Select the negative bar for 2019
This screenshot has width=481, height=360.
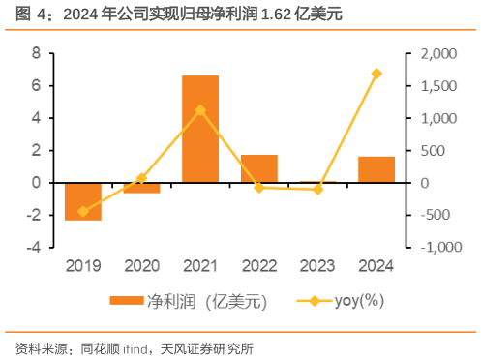pos(83,200)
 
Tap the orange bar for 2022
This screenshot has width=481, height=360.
pos(258,168)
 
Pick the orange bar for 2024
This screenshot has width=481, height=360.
pos(376,169)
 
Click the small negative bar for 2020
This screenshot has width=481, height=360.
pos(141,188)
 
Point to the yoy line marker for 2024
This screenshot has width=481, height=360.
pos(376,74)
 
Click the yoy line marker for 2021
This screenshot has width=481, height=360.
pos(200,110)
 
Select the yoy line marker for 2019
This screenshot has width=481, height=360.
pos(83,211)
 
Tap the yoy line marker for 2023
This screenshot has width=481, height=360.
pos(317,189)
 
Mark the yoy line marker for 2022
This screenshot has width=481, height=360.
pos(258,187)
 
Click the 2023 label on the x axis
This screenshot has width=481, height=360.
pos(317,264)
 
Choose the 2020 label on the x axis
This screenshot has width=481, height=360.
pos(141,264)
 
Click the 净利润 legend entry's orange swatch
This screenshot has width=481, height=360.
pos(126,300)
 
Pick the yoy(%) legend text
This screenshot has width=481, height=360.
pos(359,300)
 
